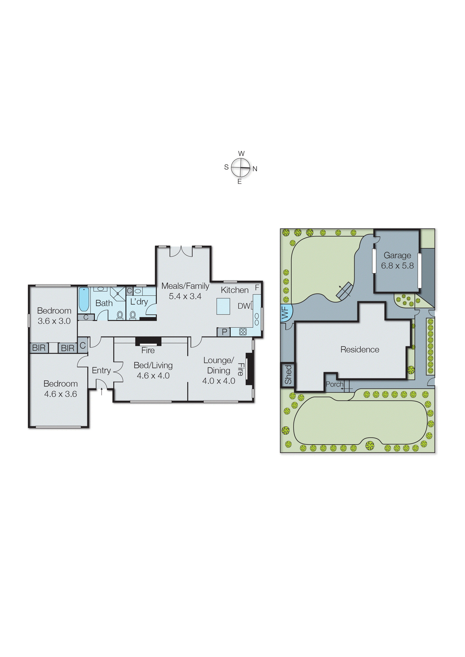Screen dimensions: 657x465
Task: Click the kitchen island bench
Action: [x=223, y=306]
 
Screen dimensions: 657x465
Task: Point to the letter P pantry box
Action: [x=224, y=332]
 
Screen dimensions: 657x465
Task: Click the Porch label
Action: [x=334, y=384]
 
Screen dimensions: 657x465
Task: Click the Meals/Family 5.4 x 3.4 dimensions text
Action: [x=185, y=296]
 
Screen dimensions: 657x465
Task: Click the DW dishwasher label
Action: [x=244, y=306]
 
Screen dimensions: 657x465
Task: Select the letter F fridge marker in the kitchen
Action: [x=257, y=287]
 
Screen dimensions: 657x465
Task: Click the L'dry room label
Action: [x=139, y=302]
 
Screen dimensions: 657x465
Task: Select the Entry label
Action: [x=101, y=370]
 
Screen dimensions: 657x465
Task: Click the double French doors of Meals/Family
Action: [x=181, y=252]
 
